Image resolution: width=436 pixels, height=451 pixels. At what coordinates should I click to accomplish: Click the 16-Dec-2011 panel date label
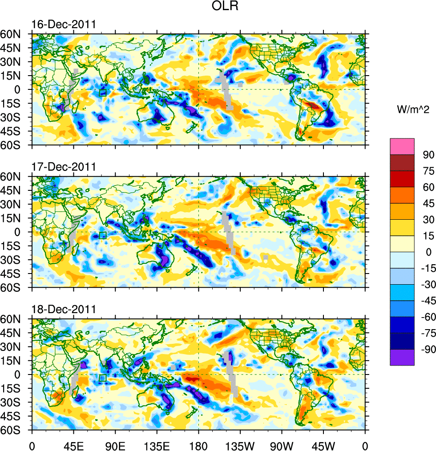[64, 24]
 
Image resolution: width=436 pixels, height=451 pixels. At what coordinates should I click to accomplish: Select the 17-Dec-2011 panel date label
[64, 167]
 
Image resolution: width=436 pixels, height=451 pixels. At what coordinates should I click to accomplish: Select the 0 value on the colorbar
[429, 252]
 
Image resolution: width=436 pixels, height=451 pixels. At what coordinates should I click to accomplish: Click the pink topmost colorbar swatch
[402, 146]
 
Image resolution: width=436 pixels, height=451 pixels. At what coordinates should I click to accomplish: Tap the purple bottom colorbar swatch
[402, 357]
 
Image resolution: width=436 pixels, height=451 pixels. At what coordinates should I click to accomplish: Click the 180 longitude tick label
[198, 445]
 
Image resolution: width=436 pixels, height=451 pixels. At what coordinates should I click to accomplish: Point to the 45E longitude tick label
[73, 445]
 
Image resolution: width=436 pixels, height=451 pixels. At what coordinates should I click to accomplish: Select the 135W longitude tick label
[240, 445]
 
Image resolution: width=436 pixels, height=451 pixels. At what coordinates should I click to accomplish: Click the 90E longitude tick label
[115, 445]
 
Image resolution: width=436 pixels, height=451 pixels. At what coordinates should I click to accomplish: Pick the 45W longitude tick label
[323, 445]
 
